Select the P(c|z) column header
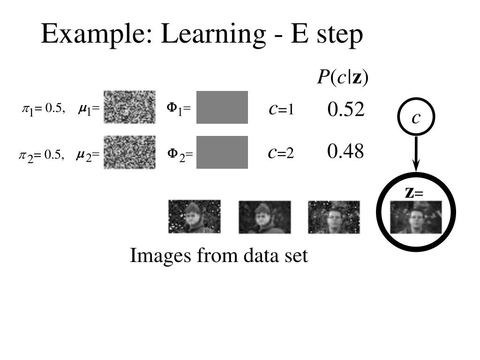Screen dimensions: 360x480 click(343, 77)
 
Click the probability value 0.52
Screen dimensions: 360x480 click(346, 110)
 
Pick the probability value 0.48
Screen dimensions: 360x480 click(346, 151)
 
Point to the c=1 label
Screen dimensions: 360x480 click(281, 109)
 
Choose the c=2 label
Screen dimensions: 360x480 click(281, 153)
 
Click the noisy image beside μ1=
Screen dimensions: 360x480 click(129, 107)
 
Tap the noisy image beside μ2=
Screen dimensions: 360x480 click(129, 152)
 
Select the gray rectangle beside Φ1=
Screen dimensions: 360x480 click(222, 107)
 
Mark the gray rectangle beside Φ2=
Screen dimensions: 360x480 click(222, 152)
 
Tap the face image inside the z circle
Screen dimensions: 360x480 click(416, 217)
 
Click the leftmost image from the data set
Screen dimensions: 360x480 click(195, 217)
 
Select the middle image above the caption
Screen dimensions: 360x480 click(264, 217)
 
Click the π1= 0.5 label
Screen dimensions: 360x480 click(43, 109)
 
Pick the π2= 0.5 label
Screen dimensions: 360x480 click(41, 155)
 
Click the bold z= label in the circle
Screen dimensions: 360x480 click(413, 192)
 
